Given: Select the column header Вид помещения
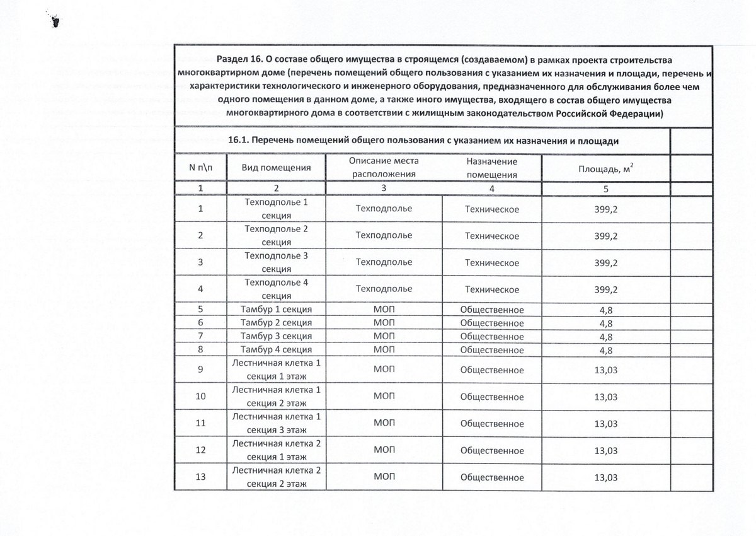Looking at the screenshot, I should pyautogui.click(x=277, y=168).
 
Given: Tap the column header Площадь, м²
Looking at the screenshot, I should pyautogui.click(x=605, y=168).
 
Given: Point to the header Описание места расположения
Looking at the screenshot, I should pyautogui.click(x=384, y=168).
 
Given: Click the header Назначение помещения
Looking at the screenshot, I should pyautogui.click(x=491, y=168).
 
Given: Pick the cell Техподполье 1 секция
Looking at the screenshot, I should pyautogui.click(x=277, y=209).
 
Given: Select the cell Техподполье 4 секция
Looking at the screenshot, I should pyautogui.click(x=277, y=289).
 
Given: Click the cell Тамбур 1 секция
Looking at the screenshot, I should pyautogui.click(x=277, y=309).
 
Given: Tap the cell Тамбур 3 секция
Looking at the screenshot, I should pyautogui.click(x=277, y=336).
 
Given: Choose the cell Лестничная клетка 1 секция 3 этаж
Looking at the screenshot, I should pyautogui.click(x=277, y=423).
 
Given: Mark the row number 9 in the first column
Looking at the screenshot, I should pyautogui.click(x=200, y=370).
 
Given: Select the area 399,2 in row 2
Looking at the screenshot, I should pyautogui.click(x=605, y=236).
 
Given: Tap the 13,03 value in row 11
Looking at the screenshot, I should pyautogui.click(x=605, y=423).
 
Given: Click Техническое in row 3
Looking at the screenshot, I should pyautogui.click(x=491, y=262).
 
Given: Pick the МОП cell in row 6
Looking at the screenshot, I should pyautogui.click(x=384, y=323).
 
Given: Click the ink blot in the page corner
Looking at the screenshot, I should pyautogui.click(x=54, y=21).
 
